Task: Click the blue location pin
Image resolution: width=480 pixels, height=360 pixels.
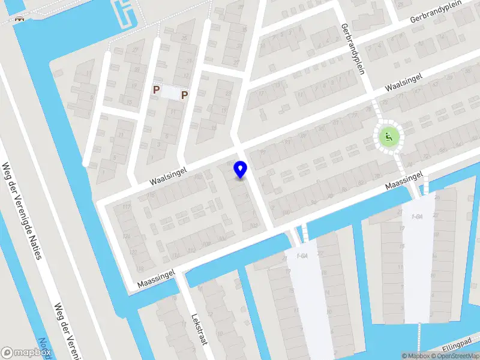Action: coord(241,169)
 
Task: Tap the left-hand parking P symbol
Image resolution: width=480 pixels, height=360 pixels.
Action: coord(157,90)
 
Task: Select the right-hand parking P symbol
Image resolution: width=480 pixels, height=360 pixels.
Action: coord(185,94)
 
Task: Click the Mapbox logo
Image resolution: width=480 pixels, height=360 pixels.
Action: coord(26,353)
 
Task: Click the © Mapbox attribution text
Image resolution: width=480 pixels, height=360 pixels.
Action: coord(416,356)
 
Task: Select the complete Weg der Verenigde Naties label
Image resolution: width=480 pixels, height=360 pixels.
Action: coord(23,211)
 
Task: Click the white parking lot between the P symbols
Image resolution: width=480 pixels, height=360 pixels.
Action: coord(171,93)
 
